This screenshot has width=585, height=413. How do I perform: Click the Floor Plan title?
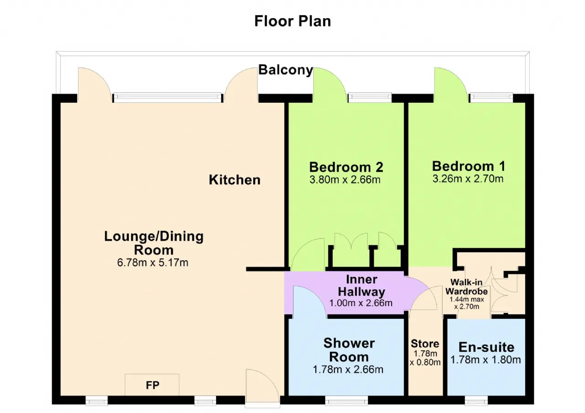292,21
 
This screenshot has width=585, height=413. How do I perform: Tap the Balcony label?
286,70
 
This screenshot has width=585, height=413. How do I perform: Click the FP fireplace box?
152,385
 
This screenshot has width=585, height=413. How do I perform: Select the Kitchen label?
234,180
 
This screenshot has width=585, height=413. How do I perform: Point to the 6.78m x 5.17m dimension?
153,263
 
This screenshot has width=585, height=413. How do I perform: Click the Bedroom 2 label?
346,167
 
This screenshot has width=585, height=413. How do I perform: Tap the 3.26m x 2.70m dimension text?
468,179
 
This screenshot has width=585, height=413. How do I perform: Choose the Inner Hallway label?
362,286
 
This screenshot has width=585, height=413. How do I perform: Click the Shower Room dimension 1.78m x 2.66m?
348,370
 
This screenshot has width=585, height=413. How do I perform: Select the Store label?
425,344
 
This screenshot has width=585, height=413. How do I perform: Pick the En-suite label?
486,347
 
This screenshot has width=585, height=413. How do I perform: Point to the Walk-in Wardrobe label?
467,286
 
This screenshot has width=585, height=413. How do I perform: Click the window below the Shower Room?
346,400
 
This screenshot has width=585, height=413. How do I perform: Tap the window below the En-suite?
476,400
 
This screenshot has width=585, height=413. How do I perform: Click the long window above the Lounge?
167,97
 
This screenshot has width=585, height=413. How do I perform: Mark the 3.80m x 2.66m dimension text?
345,180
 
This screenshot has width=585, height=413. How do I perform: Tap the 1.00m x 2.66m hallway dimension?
361,303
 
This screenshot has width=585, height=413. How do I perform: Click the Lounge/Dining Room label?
154,243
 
